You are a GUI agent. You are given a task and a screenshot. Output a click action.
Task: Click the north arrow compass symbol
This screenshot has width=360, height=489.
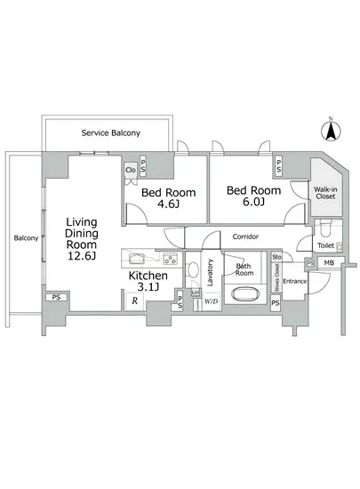[330, 130]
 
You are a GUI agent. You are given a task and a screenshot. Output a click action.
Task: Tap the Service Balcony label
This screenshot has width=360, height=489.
[110, 132]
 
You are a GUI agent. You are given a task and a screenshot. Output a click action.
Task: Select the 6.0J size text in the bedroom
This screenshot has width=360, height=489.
[252, 203]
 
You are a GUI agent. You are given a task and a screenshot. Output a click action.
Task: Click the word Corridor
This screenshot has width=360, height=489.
[245, 237]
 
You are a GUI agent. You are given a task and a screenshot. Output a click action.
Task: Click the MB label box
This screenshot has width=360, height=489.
[328, 263]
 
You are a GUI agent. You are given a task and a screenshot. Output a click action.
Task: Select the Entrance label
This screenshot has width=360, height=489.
[294, 282]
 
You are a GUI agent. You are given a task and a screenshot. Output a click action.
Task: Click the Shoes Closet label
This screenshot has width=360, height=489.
[276, 282]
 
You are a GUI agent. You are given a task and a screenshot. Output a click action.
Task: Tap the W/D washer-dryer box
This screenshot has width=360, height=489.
[211, 301]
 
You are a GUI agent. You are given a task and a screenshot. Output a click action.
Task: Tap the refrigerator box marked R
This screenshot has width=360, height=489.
[133, 301]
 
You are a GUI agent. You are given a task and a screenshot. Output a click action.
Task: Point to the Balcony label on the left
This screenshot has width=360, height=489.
[25, 238]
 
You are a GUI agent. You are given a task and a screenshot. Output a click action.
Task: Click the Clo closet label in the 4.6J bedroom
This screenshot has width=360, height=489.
[130, 169]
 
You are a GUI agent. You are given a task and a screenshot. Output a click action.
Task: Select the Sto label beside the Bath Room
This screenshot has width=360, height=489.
[276, 257]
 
